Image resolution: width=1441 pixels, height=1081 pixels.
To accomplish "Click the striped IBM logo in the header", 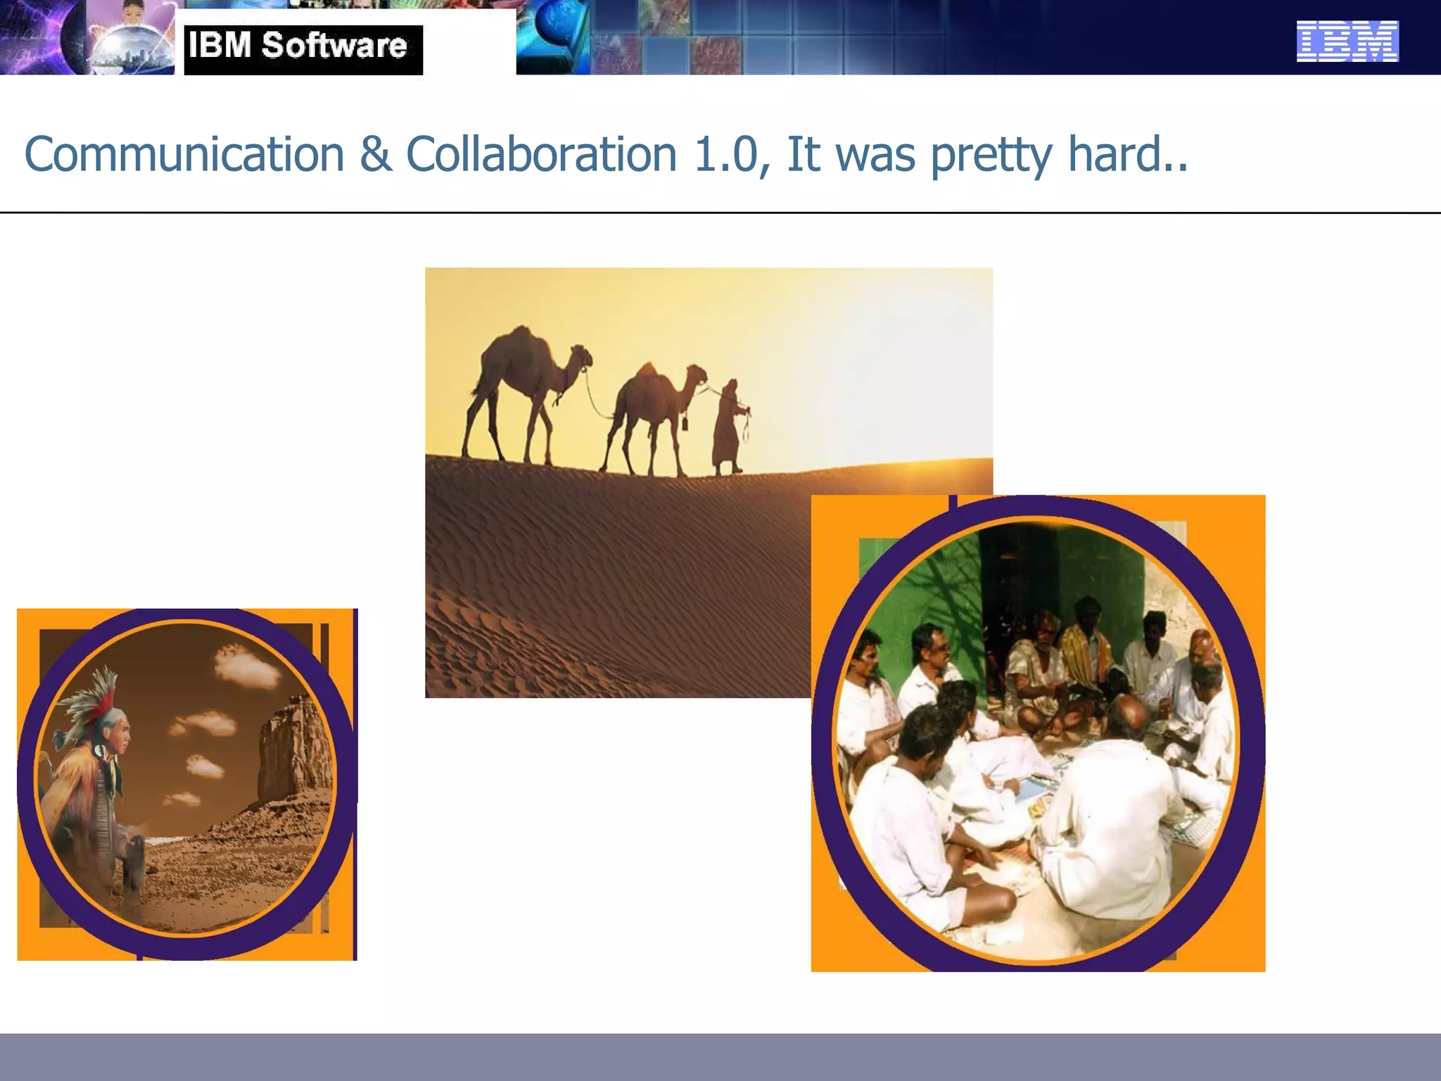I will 1347,41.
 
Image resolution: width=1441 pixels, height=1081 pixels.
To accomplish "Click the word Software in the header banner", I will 334,46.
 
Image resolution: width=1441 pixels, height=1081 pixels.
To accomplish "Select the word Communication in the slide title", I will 184,154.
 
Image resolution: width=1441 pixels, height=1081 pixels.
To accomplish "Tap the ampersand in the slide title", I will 375,154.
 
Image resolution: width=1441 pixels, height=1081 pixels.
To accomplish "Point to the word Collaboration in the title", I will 541,154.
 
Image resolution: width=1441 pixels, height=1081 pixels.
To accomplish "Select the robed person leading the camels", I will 729,426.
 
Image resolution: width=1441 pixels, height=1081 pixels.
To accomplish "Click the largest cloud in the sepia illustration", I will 246,665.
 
